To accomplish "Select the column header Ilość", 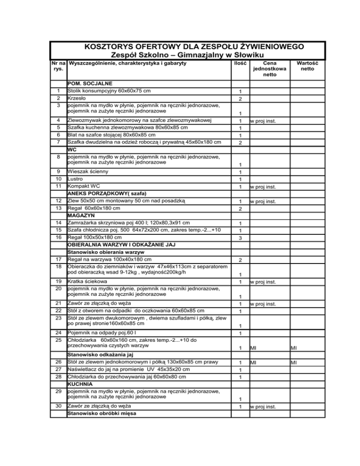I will click(240, 62).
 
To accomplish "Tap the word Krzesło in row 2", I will click(77, 98).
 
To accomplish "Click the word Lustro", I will click(76, 179).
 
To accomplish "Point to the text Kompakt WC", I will click(84, 187).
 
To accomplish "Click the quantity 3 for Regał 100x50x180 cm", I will click(240, 238).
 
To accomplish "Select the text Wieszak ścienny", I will click(87, 171).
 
